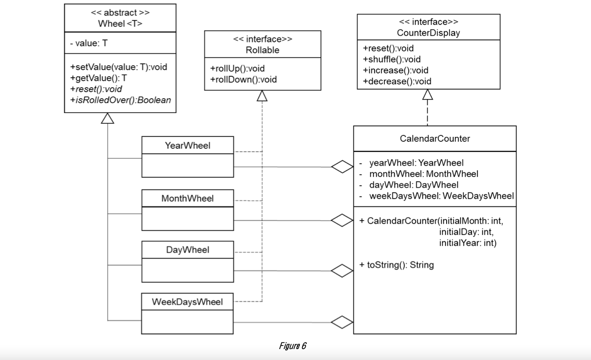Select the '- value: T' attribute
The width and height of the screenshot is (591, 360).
pos(89,43)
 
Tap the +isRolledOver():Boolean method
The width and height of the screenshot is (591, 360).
pos(120,100)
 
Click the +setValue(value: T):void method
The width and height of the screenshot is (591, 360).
pos(118,67)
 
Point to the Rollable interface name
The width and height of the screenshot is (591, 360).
pos(262,50)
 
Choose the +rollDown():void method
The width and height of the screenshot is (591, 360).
pos(243,79)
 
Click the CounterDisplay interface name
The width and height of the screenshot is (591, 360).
pos(428,33)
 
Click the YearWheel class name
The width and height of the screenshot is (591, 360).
pos(187,145)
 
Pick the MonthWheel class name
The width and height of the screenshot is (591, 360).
pos(187,198)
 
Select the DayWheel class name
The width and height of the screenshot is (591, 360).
pos(187,250)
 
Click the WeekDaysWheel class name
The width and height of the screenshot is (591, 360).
pos(187,302)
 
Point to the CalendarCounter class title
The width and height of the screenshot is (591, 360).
pos(435,138)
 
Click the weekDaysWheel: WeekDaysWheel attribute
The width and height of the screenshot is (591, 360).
pos(441,196)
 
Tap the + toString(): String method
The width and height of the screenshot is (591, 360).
pos(396,265)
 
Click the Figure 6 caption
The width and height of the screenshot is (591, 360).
pos(292,346)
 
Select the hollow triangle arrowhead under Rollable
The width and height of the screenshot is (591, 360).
pos(262,97)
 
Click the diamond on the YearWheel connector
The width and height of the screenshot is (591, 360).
pos(343,167)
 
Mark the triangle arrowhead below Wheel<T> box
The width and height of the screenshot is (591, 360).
pos(108,118)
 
